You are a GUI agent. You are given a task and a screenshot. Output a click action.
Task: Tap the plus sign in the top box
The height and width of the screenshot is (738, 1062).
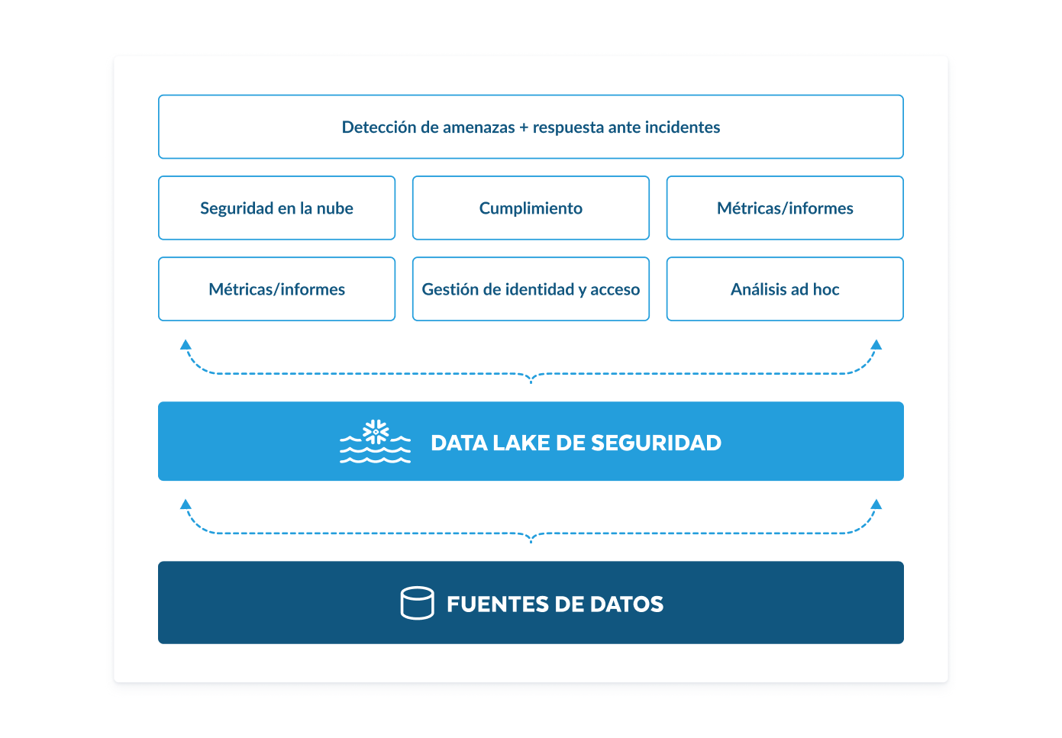point(524,128)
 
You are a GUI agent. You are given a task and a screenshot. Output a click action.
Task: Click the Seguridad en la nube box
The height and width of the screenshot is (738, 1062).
point(276,208)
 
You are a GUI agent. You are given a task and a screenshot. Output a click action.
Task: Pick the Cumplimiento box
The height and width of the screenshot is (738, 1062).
point(531,208)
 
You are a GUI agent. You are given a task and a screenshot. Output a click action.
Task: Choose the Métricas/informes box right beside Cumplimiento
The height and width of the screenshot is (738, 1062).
point(785,208)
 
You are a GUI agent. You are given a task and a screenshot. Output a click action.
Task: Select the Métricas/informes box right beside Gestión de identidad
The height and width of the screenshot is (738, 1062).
point(276,289)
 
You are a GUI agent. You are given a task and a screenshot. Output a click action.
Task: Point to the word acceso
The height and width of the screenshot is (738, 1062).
point(615,290)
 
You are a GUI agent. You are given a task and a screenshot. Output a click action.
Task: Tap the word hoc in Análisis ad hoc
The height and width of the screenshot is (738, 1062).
point(826,289)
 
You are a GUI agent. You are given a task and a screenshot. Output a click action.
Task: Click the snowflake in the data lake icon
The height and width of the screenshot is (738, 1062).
point(376,432)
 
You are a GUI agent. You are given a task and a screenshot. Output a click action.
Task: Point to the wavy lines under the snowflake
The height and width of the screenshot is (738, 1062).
point(375,454)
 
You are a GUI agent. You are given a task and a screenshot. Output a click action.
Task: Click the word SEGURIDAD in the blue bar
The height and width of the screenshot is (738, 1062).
point(656,443)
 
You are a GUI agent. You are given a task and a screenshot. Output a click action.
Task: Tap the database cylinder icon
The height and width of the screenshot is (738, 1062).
point(417,603)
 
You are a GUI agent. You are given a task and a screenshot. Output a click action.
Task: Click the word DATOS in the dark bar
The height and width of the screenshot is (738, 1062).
point(627,604)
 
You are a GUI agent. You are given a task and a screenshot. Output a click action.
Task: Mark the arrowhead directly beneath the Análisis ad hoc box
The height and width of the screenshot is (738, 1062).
point(876,345)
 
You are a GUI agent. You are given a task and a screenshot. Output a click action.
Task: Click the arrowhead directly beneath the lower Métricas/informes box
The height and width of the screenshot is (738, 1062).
point(186,345)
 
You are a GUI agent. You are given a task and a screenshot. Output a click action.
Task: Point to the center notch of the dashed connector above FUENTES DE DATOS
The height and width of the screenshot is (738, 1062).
point(531,539)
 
